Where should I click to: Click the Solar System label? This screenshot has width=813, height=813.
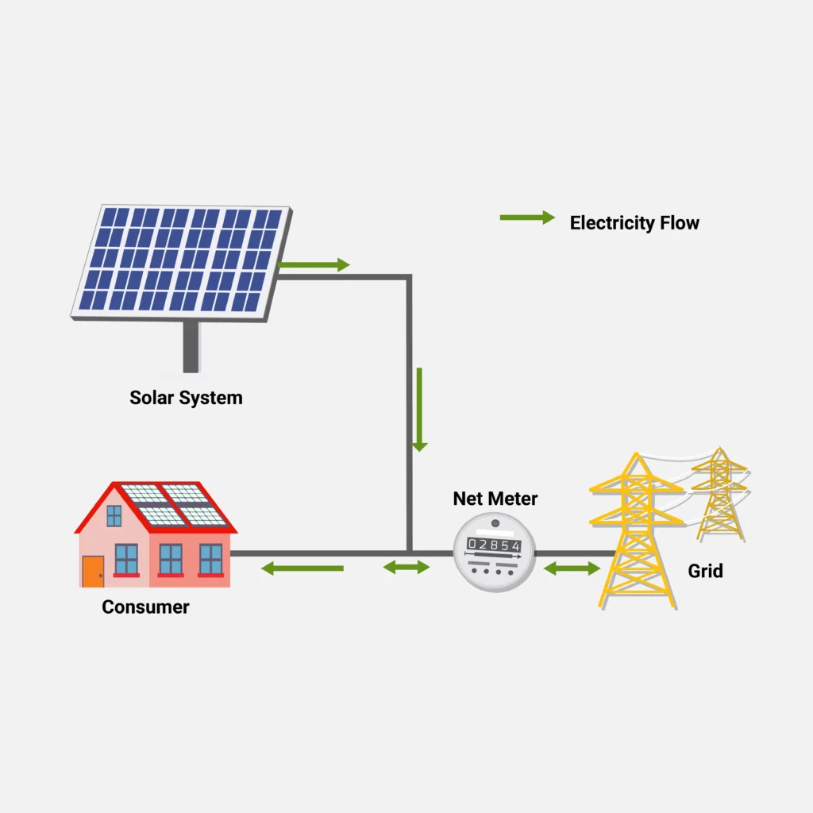coord(186,397)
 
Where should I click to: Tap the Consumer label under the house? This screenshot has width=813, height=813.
coord(145,607)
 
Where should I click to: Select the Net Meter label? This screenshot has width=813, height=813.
coord(495,499)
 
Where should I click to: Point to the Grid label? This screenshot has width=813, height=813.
coord(705,570)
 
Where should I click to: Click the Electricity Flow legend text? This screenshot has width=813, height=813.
coord(634,222)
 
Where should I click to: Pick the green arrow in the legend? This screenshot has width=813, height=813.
coord(526,218)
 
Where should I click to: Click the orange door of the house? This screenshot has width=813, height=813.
coord(93,571)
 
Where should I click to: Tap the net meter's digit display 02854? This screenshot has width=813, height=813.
coord(494,545)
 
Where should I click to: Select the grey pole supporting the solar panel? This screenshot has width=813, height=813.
coord(191,347)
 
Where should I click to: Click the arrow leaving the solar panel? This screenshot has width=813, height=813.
coord(315,265)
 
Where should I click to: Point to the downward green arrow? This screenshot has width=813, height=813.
coord(419,410)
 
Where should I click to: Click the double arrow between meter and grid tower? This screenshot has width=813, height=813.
coord(572,568)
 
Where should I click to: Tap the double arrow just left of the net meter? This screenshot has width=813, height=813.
coord(406,567)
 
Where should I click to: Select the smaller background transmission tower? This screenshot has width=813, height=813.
coord(720,492)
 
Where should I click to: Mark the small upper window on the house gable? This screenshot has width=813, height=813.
coord(114,516)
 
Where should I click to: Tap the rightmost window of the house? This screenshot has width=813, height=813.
coord(210,558)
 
